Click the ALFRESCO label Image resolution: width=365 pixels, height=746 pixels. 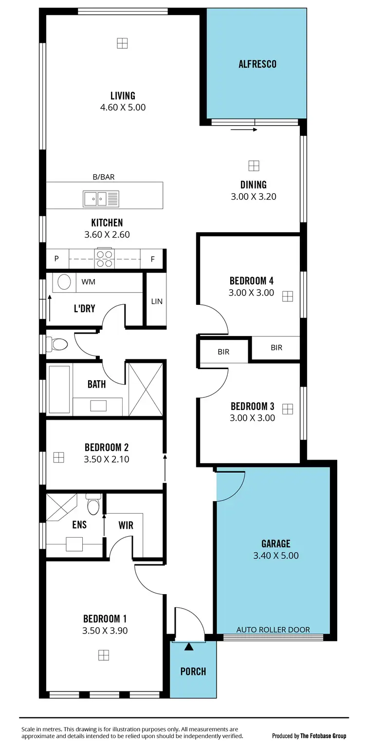[x=257, y=64]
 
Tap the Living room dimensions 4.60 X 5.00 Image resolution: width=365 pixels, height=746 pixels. [x=123, y=108]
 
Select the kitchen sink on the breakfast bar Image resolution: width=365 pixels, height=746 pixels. [x=101, y=198]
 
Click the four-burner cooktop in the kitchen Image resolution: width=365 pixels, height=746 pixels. [x=105, y=258]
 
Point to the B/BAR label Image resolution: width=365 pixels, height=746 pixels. [x=104, y=177]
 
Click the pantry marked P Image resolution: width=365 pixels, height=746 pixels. [x=56, y=259]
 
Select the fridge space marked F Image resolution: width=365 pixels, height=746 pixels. [x=152, y=259]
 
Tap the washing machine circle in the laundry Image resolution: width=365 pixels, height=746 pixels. [x=64, y=282]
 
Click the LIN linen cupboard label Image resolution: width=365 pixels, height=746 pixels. [x=156, y=301]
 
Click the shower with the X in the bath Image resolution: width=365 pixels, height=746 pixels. [x=146, y=389]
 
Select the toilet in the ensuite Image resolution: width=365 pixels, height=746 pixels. [x=93, y=504]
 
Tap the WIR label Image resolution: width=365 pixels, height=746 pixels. [x=126, y=525]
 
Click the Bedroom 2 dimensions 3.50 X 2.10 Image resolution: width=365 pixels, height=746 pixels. [x=107, y=459]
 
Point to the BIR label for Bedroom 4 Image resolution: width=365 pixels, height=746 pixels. [x=276, y=348]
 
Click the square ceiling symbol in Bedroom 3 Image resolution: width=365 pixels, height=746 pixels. [x=288, y=409]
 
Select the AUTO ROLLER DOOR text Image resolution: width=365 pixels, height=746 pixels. [x=273, y=629]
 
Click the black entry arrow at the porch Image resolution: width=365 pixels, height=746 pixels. [x=189, y=647]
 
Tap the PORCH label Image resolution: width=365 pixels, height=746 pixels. [x=193, y=671]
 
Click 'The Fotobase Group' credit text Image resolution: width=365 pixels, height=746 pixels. [x=323, y=736]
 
